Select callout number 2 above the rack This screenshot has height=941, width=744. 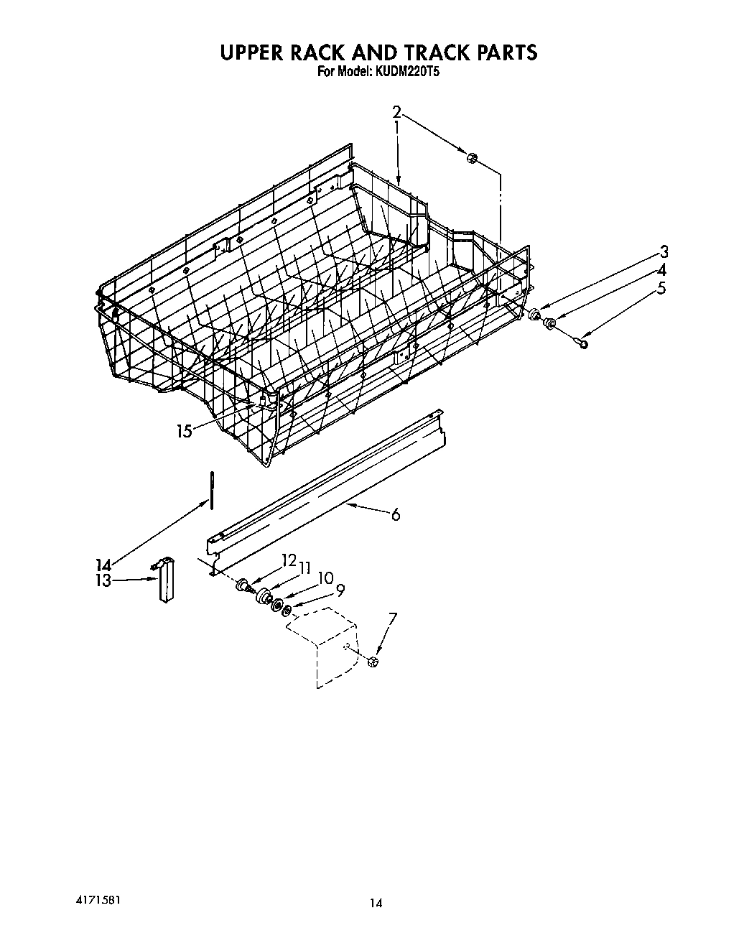396,111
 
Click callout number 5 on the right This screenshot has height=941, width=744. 661,289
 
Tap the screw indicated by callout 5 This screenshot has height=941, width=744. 582,343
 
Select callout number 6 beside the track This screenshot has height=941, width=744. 395,514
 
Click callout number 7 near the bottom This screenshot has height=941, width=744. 392,618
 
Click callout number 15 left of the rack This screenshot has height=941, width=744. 185,431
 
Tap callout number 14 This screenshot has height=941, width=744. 102,565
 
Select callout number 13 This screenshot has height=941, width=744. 102,580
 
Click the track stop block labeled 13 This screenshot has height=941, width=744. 167,580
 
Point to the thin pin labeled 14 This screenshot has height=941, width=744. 212,490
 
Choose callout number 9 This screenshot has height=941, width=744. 340,590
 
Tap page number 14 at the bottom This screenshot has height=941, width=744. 376,904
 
